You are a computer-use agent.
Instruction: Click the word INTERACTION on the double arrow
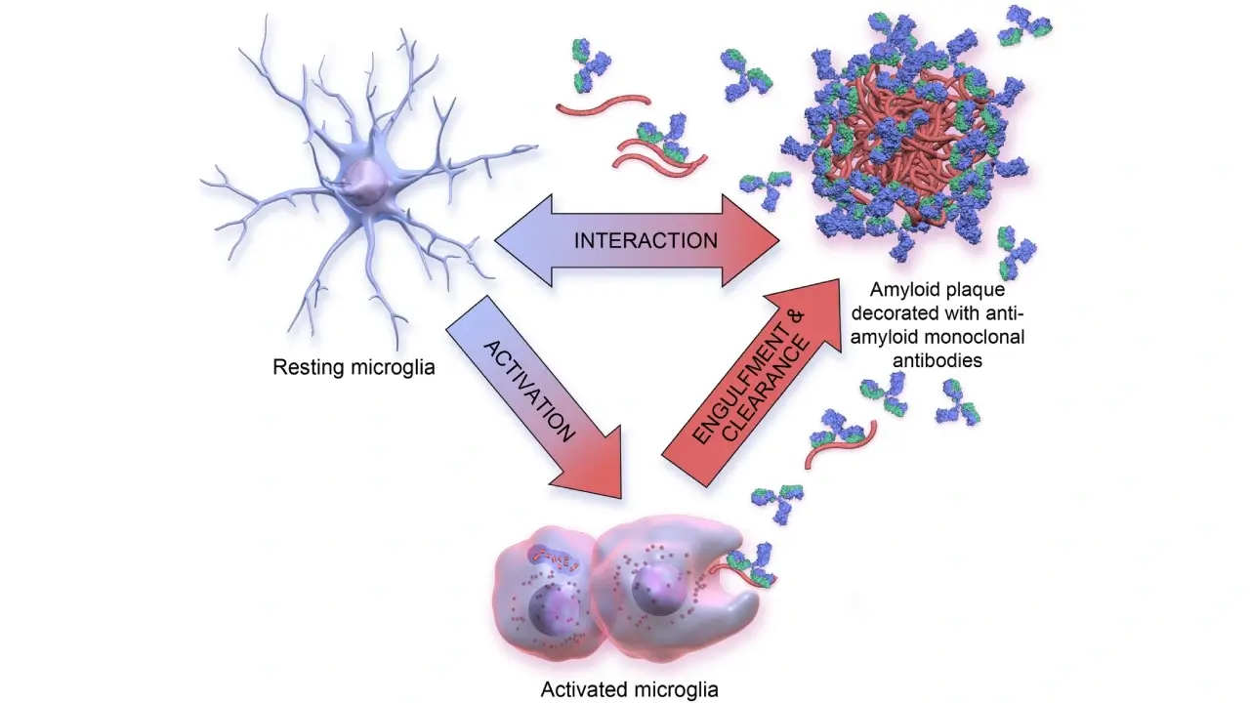(x=646, y=240)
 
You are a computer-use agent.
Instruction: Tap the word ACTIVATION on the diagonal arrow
(x=528, y=392)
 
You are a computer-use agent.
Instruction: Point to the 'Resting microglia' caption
(x=354, y=368)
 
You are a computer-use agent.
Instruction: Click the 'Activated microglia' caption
(x=629, y=689)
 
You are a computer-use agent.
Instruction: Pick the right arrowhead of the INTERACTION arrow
(x=751, y=240)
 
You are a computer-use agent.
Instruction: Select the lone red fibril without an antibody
(x=604, y=104)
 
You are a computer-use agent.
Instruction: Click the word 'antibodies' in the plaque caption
(x=937, y=360)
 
